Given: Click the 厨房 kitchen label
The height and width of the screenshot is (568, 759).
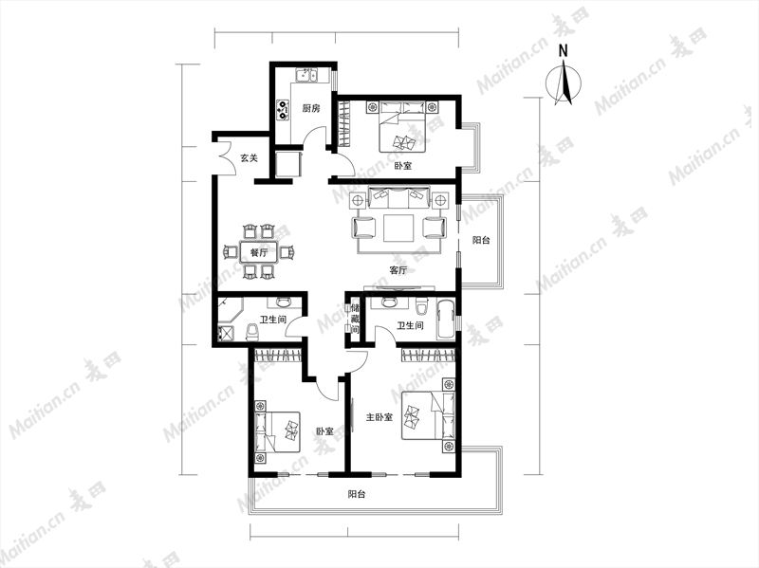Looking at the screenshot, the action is pos(311,108).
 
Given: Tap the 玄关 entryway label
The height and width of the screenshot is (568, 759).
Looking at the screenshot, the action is pos(250,157).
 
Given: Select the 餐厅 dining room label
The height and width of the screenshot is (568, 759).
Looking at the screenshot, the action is pos(259,252).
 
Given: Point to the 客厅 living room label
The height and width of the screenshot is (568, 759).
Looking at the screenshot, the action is pos(398,270).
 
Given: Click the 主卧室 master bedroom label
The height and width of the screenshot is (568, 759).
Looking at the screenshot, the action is pos(379,417).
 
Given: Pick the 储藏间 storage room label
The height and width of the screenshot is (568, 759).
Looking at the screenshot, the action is pos(355,319).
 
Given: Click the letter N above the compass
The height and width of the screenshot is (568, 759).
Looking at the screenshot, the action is pos(563,51).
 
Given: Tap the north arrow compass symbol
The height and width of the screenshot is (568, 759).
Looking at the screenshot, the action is pos(564,82).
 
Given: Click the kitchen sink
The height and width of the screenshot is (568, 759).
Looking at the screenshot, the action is pos(306,76).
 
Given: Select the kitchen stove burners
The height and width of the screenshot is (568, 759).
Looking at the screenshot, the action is pos(282,110).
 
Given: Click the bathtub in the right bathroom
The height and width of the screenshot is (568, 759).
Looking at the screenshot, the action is pos(446,319).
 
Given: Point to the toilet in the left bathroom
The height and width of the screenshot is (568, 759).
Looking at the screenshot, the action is pos(252,333).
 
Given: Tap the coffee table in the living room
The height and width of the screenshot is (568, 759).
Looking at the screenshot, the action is pos(398,228).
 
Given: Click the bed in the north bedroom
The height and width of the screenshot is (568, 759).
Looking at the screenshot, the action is pos(402,126).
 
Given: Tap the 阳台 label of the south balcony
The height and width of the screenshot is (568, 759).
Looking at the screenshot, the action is pos(357,494).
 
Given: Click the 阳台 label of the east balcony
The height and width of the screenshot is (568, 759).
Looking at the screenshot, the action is pos(481,240).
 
